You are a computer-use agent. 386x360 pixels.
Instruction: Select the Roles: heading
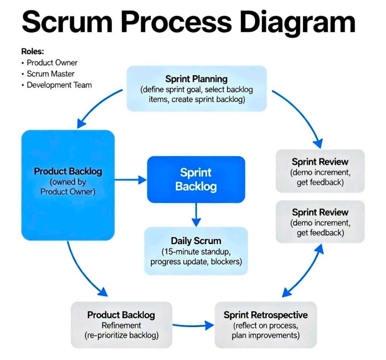point(32,52)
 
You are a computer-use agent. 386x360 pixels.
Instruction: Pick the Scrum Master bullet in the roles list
point(51,74)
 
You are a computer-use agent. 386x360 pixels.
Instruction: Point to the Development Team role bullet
point(59,85)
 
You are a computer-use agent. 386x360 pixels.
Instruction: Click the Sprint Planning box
point(196,89)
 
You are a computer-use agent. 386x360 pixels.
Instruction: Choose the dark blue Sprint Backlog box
point(196,180)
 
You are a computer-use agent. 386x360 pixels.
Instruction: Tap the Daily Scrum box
point(196,251)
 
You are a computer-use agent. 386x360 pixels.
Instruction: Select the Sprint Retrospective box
point(266,325)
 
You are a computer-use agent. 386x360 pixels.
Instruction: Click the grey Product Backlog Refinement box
point(121,325)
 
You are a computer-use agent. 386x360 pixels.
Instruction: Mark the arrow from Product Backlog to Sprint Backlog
point(130,180)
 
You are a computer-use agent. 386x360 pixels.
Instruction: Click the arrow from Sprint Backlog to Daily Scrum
point(196,215)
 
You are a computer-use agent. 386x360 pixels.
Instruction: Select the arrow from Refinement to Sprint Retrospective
point(193,325)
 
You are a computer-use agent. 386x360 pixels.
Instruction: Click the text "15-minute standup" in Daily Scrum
point(196,251)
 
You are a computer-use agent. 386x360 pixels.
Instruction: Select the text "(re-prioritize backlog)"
point(121,335)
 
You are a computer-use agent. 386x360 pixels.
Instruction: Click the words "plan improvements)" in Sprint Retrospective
point(266,335)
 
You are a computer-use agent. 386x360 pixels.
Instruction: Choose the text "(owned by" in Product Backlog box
point(68,182)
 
